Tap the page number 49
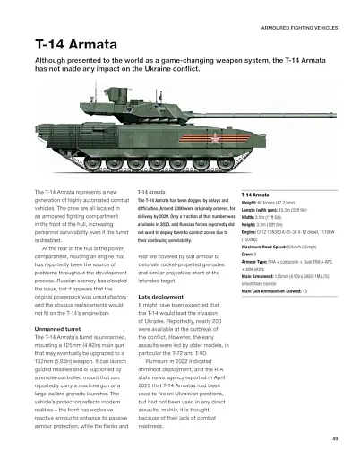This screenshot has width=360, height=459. [x=334, y=437]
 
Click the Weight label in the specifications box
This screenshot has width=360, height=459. [x=252, y=203]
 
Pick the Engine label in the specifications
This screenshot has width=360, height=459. [x=252, y=232]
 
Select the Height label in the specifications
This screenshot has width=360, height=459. [x=251, y=225]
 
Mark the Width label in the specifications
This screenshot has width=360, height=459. [x=251, y=218]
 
